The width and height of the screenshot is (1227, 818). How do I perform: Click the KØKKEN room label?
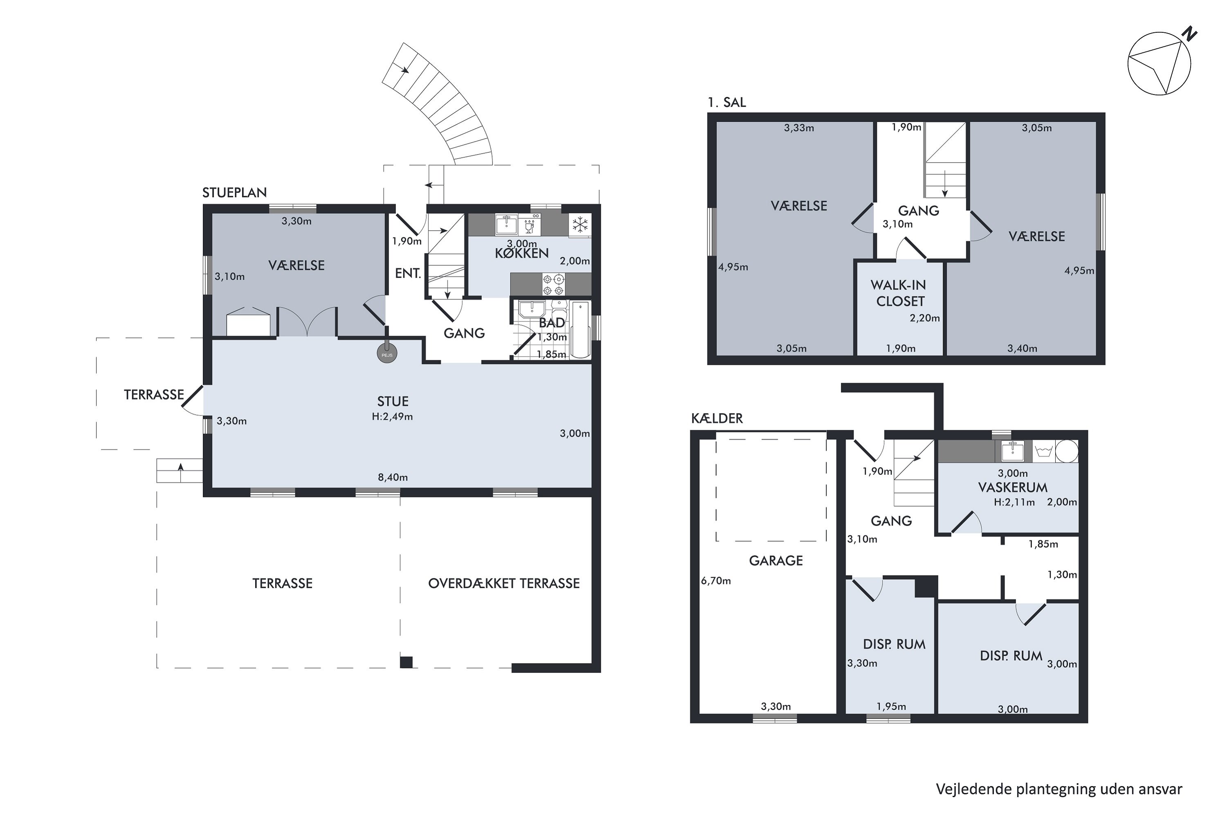pos(522,254)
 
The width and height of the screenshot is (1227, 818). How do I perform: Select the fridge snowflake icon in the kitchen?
pos(580,225)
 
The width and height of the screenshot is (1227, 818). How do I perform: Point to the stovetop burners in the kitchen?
pos(553,284)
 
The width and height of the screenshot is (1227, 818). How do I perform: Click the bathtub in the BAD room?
pos(581,329)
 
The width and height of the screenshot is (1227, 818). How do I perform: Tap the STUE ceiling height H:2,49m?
pos(392,417)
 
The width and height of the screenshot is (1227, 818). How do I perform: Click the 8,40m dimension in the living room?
pos(393,477)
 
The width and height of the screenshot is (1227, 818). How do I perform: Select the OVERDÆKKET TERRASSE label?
pos(504,583)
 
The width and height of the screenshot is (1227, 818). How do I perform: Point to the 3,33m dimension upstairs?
pos(799,128)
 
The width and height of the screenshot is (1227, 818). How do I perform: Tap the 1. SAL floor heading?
pos(727,103)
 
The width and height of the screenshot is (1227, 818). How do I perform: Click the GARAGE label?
pos(776,561)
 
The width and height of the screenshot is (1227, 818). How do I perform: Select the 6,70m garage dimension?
pos(716,581)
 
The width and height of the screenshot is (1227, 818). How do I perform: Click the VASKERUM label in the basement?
pos(1013,488)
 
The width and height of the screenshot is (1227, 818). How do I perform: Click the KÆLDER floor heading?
pos(717,418)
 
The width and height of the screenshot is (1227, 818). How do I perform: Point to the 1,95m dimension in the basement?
pos(891,707)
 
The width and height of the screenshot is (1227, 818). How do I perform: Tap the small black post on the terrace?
pos(407,662)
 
